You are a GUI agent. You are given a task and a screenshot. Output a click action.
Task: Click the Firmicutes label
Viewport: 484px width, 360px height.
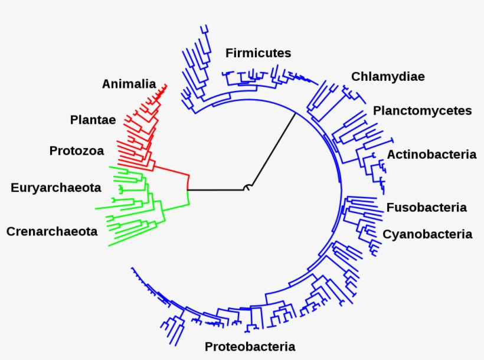point(258,53)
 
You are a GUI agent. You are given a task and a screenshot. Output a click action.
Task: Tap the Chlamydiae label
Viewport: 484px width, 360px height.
point(388,77)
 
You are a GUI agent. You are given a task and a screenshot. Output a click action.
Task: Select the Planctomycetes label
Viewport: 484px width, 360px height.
point(422,111)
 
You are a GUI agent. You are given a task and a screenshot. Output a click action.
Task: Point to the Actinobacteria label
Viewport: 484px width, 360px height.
point(431,155)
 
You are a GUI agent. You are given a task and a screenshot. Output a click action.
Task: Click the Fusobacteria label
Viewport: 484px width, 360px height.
point(426,208)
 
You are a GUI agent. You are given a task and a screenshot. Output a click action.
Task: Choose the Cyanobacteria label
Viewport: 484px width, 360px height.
point(427,234)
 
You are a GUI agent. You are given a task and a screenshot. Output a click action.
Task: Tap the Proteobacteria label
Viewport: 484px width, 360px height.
point(250,346)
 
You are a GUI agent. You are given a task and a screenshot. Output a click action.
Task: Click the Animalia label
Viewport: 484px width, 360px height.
point(129,84)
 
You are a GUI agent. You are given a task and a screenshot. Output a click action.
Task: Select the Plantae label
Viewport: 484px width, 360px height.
point(93,120)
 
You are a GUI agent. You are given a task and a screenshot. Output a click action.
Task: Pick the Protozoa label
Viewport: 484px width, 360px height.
point(76,151)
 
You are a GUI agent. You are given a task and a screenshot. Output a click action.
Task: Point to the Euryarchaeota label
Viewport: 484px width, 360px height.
point(55,188)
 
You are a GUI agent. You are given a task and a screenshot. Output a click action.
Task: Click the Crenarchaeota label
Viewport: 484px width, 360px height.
point(52,232)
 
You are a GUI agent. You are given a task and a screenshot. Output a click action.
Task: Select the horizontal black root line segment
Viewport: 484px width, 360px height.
point(215,190)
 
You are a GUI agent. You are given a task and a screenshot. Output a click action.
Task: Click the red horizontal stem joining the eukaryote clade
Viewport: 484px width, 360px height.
point(172,169)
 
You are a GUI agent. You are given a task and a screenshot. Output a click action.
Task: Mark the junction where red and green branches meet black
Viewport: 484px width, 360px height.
point(188,190)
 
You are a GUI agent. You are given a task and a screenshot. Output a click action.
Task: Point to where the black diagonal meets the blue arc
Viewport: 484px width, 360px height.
point(295,113)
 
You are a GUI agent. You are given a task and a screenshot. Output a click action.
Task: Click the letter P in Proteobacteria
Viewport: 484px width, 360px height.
point(209,346)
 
